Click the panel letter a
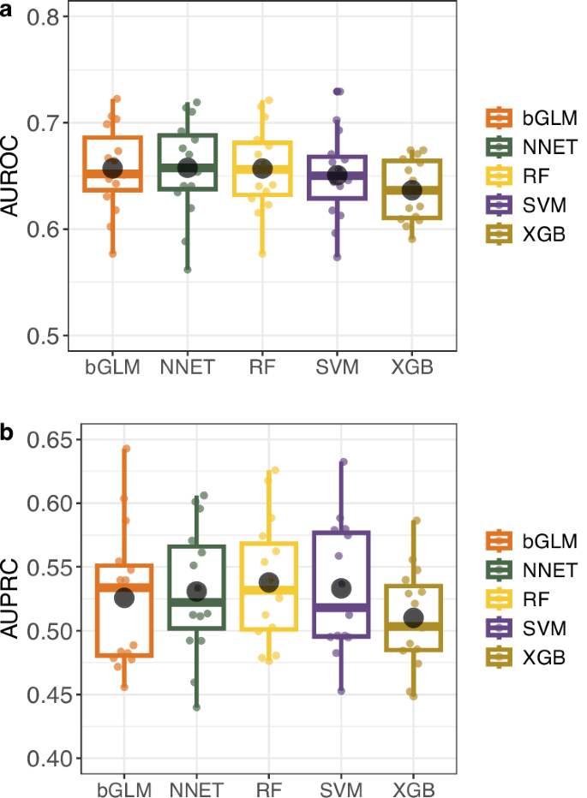coord(7,9)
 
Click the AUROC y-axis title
coord(13,178)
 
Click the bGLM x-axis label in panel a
coord(112,368)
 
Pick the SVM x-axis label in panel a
coord(338,368)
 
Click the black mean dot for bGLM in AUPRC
coord(125,598)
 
